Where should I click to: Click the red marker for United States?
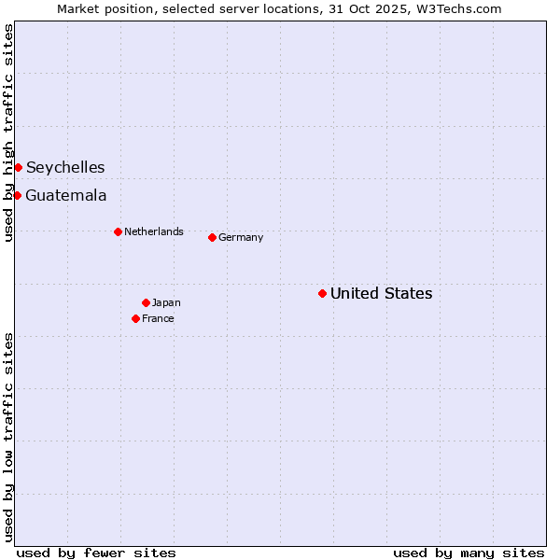(x=322, y=293)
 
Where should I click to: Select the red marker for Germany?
(x=212, y=237)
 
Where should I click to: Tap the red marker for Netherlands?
(x=118, y=231)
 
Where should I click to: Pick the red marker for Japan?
(x=146, y=302)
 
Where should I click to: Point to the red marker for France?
(x=135, y=318)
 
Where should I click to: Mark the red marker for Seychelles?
(x=18, y=167)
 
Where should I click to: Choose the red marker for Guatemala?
(x=17, y=195)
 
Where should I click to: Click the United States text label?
(x=381, y=293)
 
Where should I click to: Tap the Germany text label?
(x=241, y=237)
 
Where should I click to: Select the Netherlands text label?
(x=153, y=231)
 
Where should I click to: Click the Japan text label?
(x=166, y=302)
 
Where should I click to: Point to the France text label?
(x=158, y=318)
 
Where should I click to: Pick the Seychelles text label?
(x=65, y=167)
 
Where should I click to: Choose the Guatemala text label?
(x=65, y=195)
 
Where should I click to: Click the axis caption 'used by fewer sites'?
(x=96, y=553)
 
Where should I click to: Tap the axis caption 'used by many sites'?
(x=469, y=553)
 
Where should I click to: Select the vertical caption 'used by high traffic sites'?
(x=8, y=133)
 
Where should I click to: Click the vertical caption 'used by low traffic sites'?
(x=8, y=437)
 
